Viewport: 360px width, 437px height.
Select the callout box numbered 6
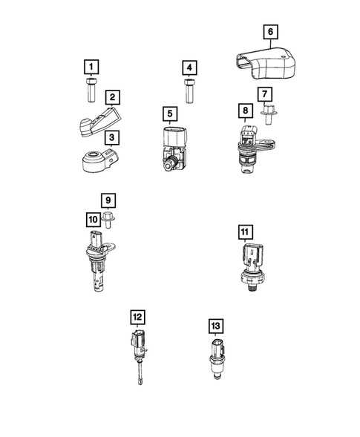[270, 31]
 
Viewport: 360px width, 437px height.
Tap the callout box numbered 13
[216, 326]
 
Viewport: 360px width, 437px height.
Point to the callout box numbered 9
[108, 200]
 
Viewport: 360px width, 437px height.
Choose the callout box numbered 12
[137, 317]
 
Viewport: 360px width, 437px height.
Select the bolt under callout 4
[189, 95]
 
